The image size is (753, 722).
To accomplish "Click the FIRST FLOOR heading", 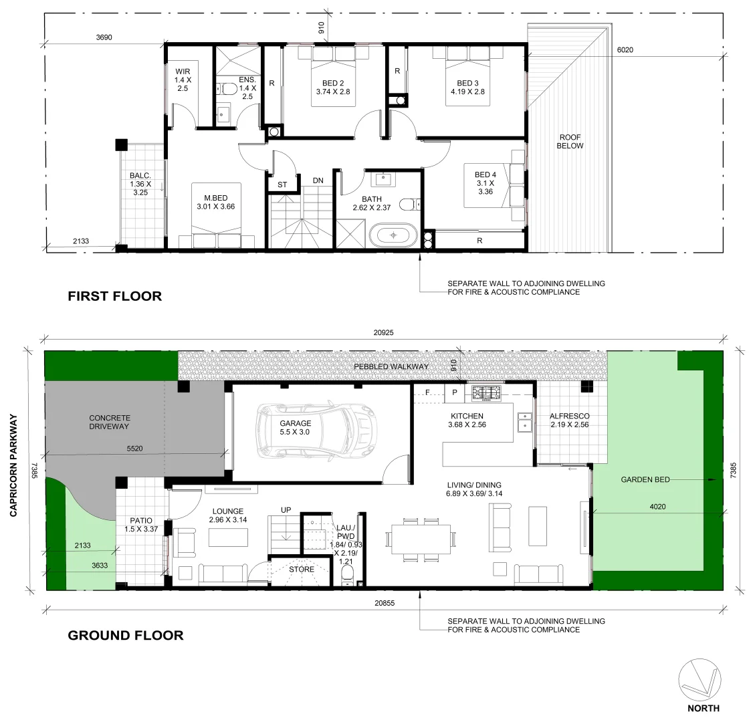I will click(114, 296).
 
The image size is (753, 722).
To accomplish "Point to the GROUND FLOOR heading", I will click(126, 635).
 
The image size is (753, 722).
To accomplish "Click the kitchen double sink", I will click(525, 422).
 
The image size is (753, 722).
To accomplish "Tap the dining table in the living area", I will click(421, 538).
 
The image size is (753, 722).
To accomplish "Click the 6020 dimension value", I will click(625, 49).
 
